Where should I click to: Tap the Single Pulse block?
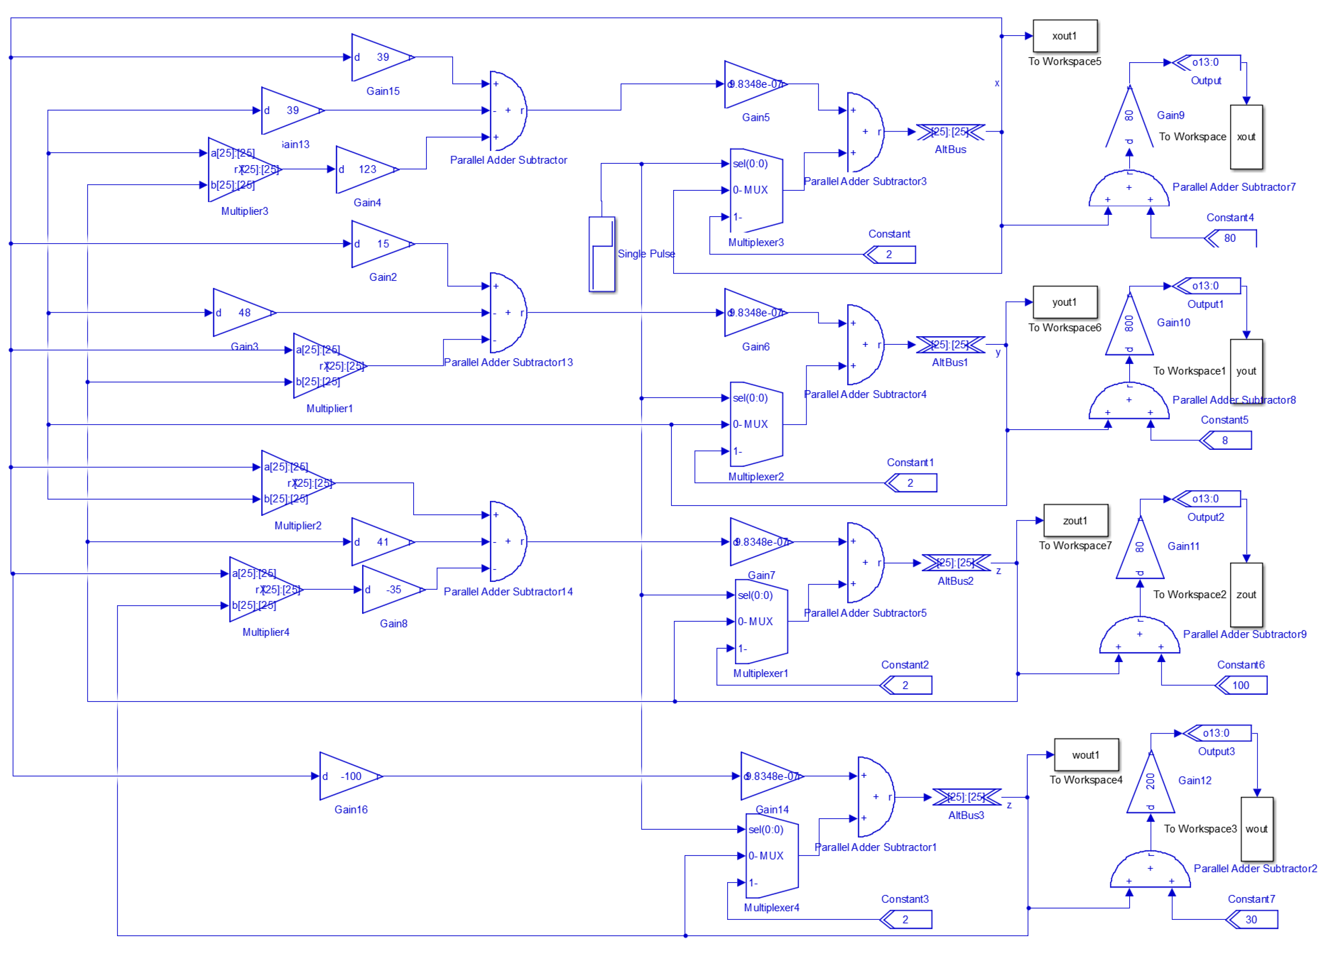602,254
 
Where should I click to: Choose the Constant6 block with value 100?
1242,685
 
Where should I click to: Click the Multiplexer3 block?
756,190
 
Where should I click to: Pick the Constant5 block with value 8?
1226,440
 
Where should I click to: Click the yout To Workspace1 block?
1246,371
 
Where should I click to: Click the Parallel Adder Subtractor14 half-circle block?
506,542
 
